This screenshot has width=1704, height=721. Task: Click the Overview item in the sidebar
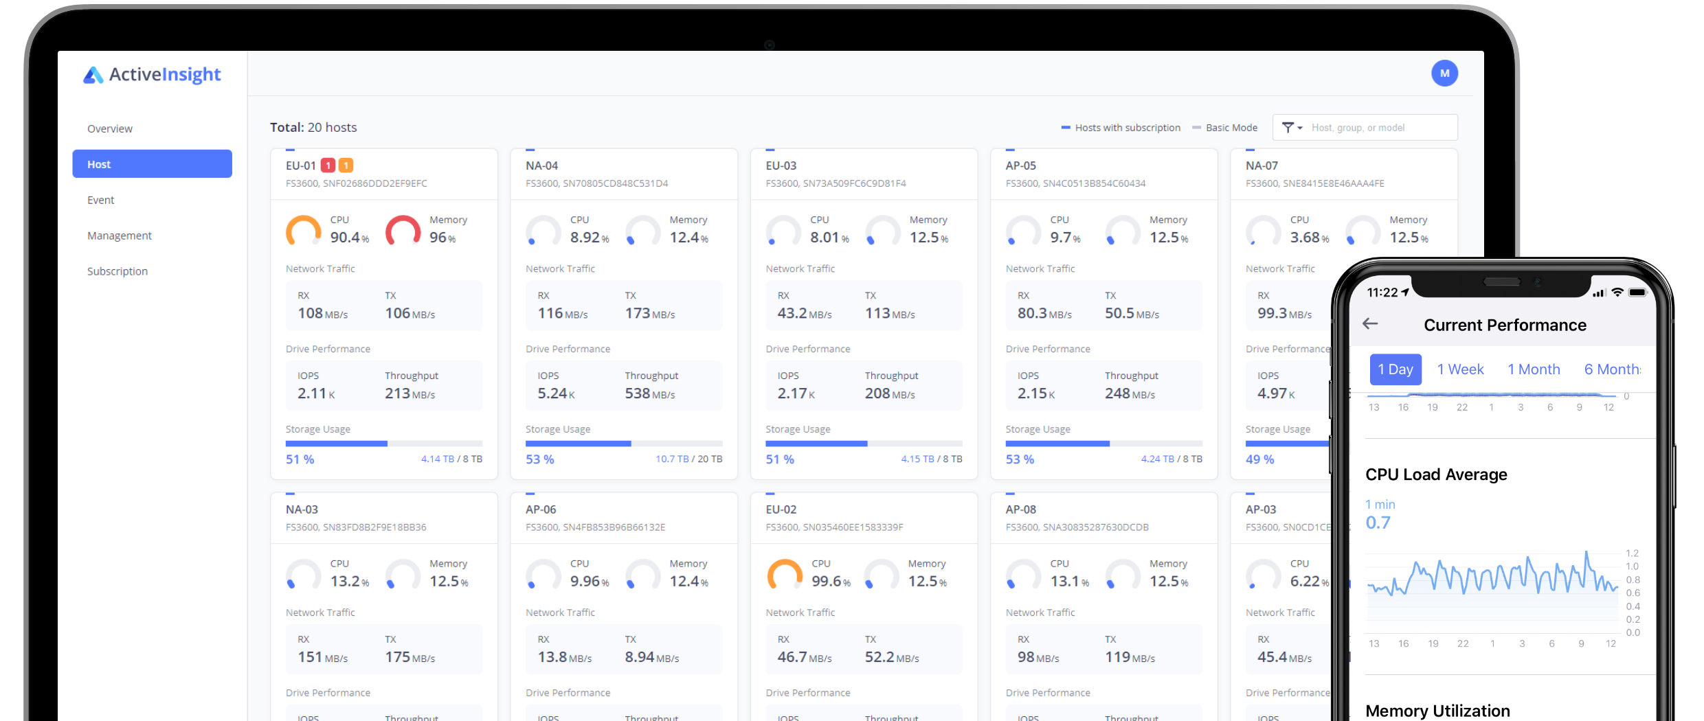(110, 128)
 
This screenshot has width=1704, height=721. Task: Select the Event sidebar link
(101, 200)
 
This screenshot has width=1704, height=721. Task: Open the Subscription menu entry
(117, 271)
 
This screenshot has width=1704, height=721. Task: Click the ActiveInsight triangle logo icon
(93, 75)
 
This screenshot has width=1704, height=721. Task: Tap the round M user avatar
(1444, 73)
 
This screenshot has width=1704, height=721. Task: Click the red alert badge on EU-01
(328, 165)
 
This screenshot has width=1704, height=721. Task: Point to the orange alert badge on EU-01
(346, 165)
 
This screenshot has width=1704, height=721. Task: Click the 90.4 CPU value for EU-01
(346, 238)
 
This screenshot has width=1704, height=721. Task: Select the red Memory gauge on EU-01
(403, 231)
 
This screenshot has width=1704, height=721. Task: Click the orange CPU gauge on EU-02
(785, 575)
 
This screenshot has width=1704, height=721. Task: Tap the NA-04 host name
(542, 165)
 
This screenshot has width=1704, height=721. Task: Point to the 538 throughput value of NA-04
(638, 393)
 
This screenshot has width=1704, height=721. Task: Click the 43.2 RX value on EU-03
(792, 313)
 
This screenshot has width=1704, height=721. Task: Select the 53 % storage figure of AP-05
(1020, 459)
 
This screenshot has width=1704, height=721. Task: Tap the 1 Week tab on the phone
(1460, 369)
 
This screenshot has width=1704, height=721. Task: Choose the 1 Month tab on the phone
(1534, 369)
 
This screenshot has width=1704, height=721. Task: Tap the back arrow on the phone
(1370, 324)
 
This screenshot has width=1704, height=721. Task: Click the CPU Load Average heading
(1436, 474)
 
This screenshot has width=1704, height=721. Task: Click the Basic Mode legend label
(1231, 128)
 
